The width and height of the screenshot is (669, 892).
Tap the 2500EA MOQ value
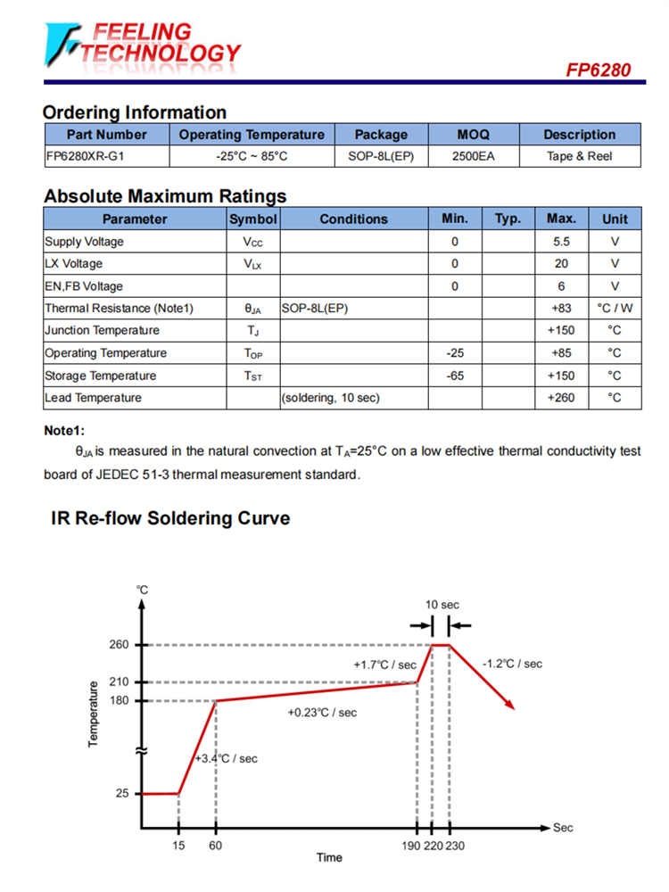click(473, 156)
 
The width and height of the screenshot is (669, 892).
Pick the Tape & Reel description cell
click(579, 156)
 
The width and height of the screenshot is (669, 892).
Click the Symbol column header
click(253, 219)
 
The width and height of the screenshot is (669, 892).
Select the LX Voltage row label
click(74, 264)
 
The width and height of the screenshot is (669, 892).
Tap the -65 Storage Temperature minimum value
click(455, 376)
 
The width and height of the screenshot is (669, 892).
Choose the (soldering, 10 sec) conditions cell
click(330, 398)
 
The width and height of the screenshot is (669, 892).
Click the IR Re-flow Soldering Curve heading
click(169, 518)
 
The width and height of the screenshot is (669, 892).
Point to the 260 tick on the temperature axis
click(120, 645)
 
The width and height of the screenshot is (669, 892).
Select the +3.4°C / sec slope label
click(227, 759)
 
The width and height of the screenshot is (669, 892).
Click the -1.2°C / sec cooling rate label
click(512, 664)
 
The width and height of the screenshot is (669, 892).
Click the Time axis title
click(329, 858)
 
